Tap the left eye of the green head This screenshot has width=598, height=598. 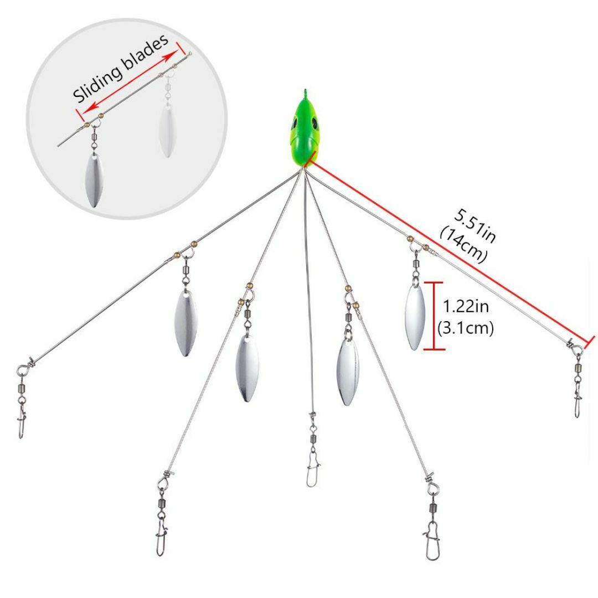pos(295,123)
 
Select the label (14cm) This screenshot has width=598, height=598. pos(463,244)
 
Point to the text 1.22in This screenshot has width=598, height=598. pos(466,306)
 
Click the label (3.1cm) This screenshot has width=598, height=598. pos(465,328)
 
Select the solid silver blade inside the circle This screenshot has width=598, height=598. pos(93,180)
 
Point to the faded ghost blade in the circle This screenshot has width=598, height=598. pos(167,129)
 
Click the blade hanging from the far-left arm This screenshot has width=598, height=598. pos(185,323)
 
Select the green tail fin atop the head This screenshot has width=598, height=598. pos(305,94)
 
